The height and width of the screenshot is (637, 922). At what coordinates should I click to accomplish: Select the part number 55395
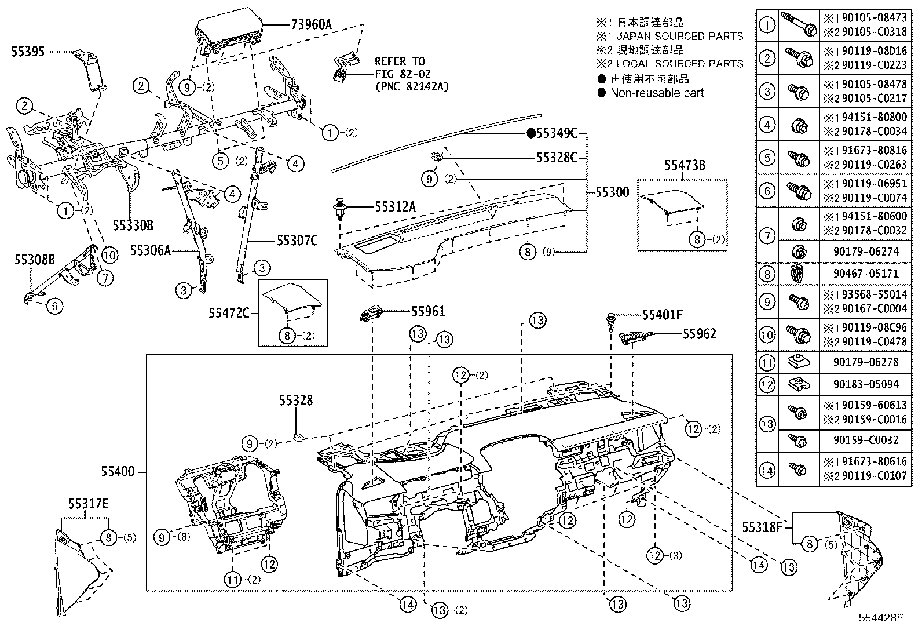point(28,52)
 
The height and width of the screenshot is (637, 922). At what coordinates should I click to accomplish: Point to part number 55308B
point(35,260)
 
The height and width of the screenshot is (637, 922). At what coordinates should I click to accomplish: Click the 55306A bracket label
point(151,250)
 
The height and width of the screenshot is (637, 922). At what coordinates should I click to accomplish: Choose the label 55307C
point(297,240)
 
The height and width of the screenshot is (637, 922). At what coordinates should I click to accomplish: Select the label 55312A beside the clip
point(395,206)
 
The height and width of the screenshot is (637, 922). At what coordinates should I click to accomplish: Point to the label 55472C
point(229,313)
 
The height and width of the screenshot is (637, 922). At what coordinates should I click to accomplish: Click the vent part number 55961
point(428,311)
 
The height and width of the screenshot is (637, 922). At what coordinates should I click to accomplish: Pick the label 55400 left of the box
point(119,471)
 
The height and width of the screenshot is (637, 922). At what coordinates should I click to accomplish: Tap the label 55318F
point(763,527)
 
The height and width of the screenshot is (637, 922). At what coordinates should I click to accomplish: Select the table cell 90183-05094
point(866,384)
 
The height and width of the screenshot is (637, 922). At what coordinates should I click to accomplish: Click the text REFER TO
point(400,61)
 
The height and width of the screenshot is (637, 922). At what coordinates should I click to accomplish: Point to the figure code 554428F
point(881,618)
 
